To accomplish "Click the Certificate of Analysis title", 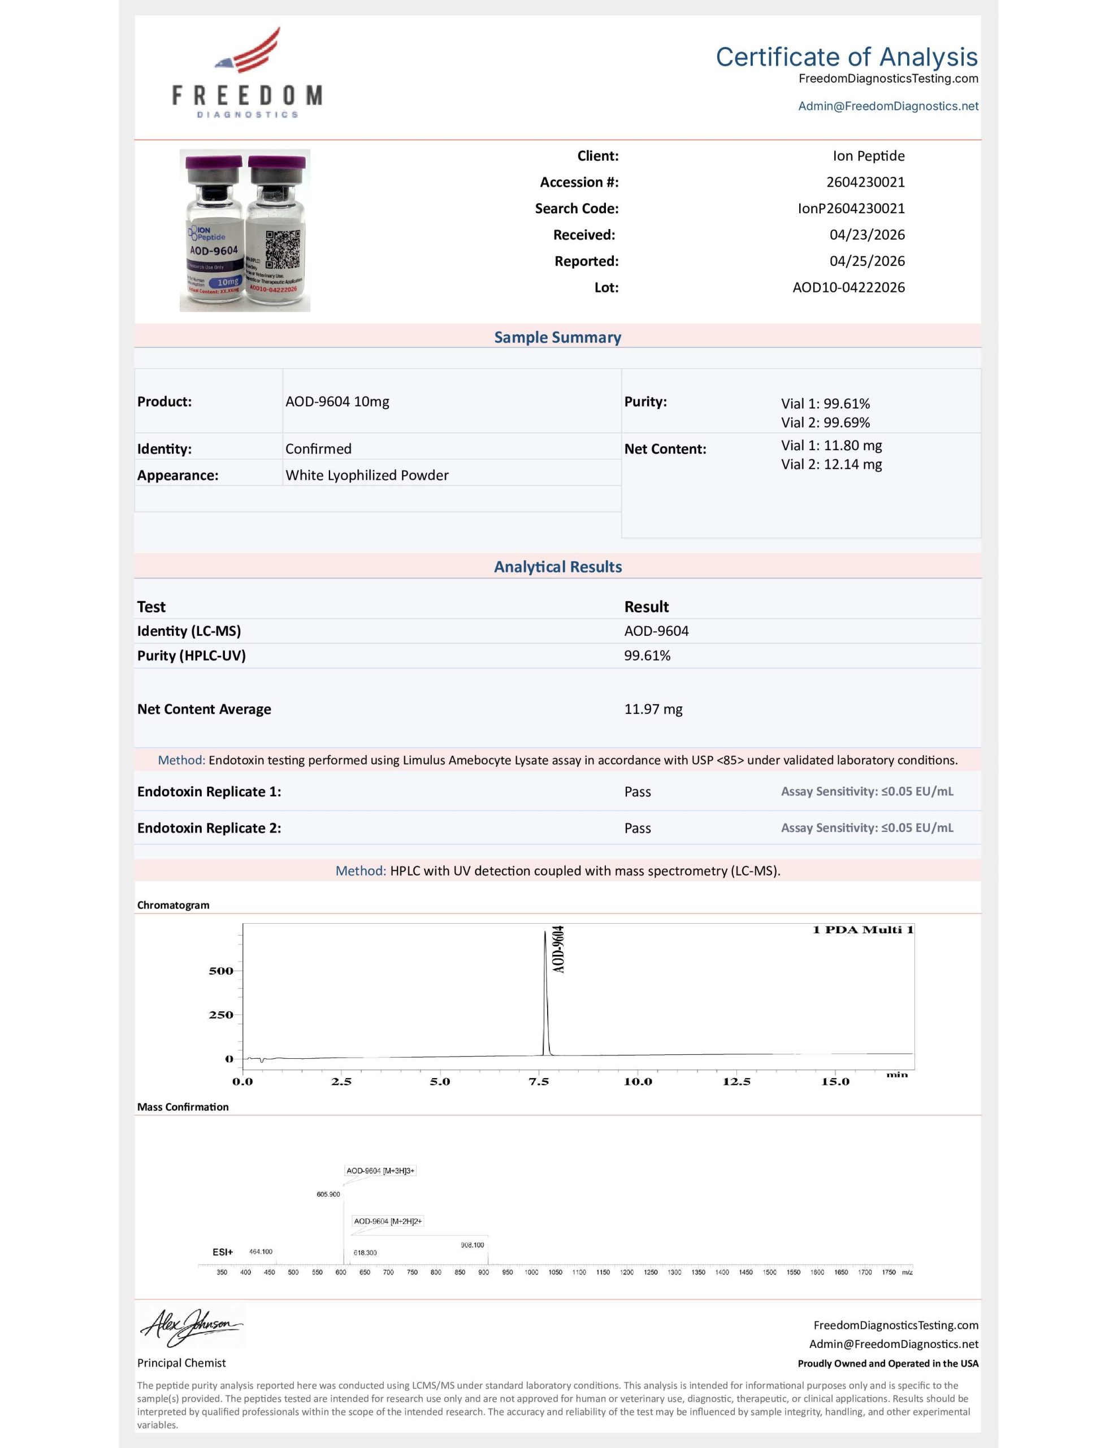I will coord(846,57).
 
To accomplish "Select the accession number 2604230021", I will coord(865,182).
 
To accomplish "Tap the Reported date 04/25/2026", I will coord(867,261).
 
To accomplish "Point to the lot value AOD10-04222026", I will coord(848,288).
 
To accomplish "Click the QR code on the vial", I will coord(283,249).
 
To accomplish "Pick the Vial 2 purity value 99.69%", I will coord(825,423).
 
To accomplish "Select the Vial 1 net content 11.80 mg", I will coord(831,446).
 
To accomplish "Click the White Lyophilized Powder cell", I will coord(366,475).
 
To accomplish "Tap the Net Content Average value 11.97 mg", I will coord(653,709).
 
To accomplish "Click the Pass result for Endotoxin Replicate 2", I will coord(638,828).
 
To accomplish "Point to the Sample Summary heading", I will coord(557,338).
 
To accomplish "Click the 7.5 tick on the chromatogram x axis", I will coord(538,1082).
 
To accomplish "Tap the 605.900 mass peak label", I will coord(328,1194).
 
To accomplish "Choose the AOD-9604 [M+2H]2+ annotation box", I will coord(388,1221).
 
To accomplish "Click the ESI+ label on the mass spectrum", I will coord(223,1252).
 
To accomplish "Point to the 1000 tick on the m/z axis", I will coord(531,1272).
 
